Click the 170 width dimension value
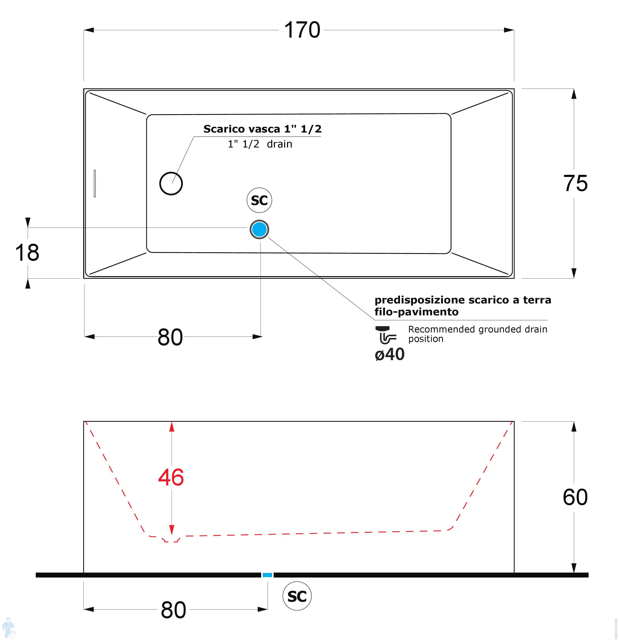click(302, 30)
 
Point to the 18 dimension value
click(27, 252)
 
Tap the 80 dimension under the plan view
click(170, 337)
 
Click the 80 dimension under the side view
click(173, 610)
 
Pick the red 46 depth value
click(171, 477)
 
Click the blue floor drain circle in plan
click(259, 229)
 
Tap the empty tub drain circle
click(171, 183)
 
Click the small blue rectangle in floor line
click(267, 575)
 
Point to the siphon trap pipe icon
click(386, 335)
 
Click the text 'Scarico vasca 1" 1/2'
click(262, 129)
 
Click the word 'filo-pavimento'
click(416, 312)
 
